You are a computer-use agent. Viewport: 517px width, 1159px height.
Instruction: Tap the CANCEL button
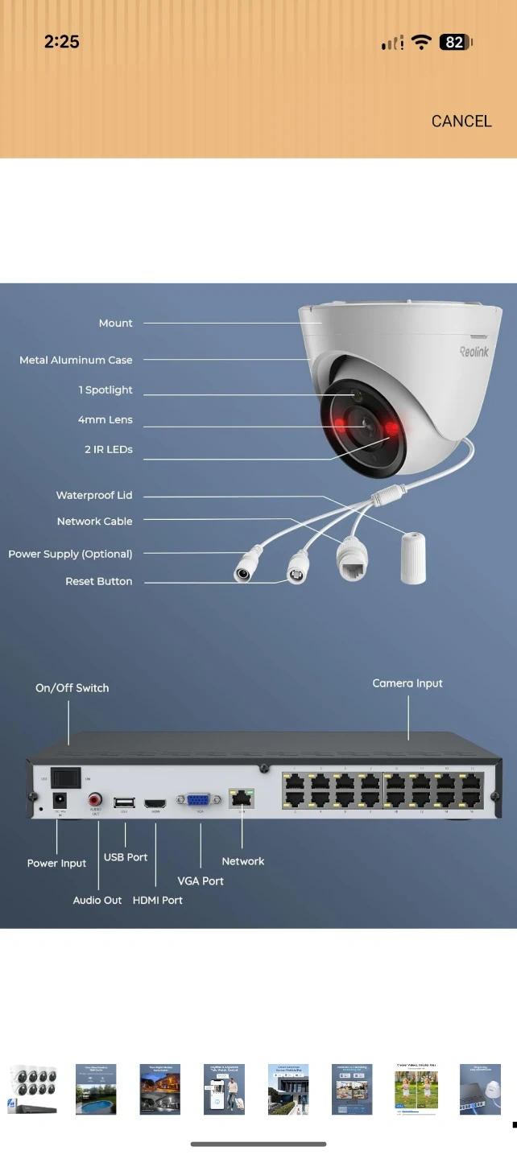click(x=461, y=121)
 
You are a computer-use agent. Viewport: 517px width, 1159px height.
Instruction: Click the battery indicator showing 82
click(x=455, y=43)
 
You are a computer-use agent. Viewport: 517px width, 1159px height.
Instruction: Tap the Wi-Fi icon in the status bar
click(x=421, y=43)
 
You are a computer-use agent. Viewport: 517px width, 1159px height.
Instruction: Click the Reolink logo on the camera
click(x=474, y=351)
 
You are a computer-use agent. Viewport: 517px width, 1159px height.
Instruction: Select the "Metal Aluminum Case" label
click(x=76, y=360)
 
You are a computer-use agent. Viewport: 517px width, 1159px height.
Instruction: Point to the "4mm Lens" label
click(x=105, y=419)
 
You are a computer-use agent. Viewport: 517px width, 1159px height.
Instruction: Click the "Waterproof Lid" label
click(x=94, y=495)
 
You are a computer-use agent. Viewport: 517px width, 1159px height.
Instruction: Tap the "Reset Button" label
click(x=98, y=581)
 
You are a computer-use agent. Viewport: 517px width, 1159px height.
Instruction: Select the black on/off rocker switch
click(x=65, y=777)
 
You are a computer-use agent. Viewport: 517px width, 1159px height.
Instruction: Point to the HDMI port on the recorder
click(x=155, y=803)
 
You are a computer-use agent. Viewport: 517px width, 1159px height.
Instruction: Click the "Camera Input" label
click(x=407, y=683)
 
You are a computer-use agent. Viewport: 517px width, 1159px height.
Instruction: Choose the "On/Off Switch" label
click(x=72, y=688)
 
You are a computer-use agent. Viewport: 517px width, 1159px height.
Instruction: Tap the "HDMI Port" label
click(x=158, y=900)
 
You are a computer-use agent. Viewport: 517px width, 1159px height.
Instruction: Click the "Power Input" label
click(x=56, y=863)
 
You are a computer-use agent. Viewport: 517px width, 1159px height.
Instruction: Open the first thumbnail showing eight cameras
click(x=32, y=1089)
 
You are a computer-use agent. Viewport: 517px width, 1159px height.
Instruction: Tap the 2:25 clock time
click(x=61, y=42)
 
